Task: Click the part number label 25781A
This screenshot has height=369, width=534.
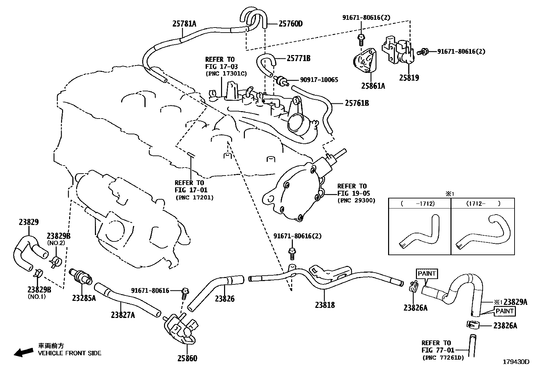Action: click(184, 24)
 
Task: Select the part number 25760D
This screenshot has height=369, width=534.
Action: click(290, 24)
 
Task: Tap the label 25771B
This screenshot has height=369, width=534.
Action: click(298, 58)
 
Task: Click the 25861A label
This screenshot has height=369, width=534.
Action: click(373, 86)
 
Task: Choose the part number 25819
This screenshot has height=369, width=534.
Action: click(409, 78)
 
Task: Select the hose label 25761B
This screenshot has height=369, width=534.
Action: click(357, 103)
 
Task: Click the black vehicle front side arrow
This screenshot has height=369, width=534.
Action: click(23, 352)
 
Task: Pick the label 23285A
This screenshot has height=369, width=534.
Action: click(84, 298)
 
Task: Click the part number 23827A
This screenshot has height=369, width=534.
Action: click(123, 315)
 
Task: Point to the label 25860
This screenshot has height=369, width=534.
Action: click(187, 358)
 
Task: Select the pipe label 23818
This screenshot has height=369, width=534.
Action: click(325, 305)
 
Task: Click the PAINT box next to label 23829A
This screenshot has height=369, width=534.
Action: click(504, 311)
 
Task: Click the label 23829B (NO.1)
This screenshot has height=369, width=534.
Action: click(39, 289)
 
